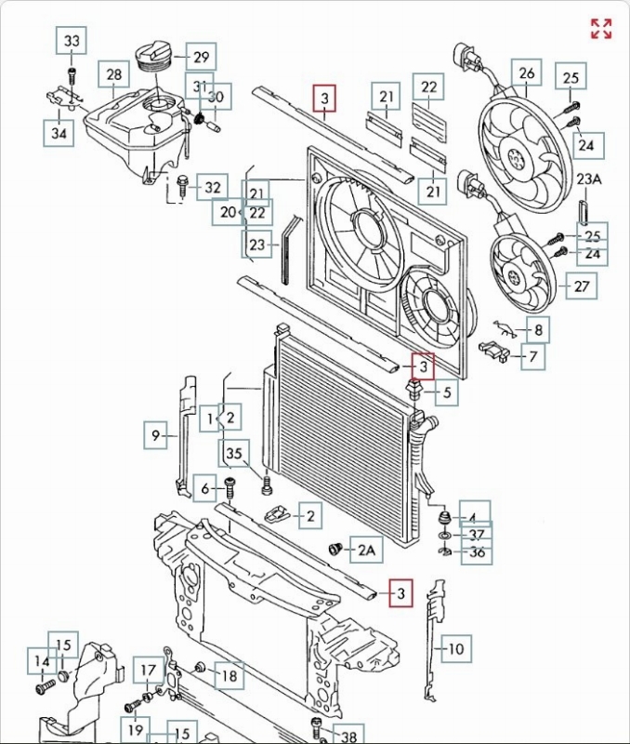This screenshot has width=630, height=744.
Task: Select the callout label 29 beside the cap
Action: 200,58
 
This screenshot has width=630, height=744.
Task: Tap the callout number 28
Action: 114,74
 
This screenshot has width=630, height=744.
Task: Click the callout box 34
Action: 59,132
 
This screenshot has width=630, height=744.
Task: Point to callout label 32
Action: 213,188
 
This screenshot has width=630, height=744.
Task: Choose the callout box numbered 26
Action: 527,72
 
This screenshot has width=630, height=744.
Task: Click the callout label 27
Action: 582,286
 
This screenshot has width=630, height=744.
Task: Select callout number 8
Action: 539,328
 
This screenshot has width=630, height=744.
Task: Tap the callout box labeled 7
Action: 533,356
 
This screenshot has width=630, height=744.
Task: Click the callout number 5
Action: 446,393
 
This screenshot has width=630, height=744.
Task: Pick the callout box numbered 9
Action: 157,432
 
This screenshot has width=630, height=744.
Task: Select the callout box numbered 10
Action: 455,648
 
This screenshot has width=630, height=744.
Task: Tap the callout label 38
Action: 348,735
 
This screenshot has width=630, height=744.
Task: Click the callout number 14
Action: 42,662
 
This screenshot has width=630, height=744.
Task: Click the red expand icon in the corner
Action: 601,29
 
